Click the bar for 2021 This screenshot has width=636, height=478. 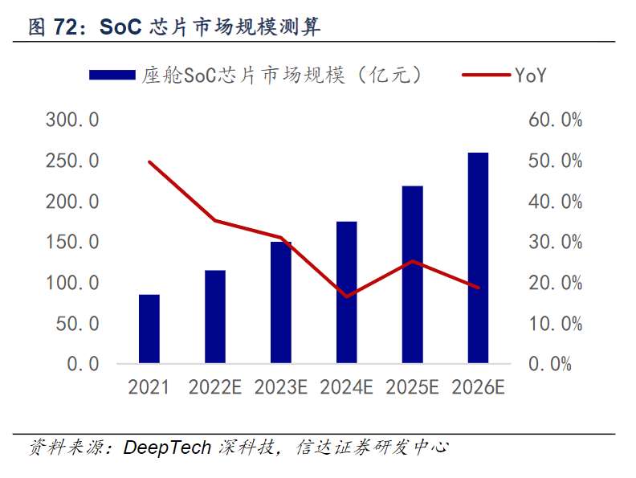[149, 329]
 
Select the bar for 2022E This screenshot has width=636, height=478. [214, 317]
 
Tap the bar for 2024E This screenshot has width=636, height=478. [346, 292]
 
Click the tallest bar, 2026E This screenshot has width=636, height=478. [478, 258]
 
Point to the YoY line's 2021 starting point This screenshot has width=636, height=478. [149, 161]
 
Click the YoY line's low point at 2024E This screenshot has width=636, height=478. [347, 296]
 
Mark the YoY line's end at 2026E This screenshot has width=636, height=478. [479, 287]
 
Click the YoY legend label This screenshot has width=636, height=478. [531, 76]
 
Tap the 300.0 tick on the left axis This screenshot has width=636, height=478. [72, 121]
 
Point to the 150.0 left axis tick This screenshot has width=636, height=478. [72, 243]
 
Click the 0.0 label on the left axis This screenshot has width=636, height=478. [84, 364]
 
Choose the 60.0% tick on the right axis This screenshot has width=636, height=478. [554, 121]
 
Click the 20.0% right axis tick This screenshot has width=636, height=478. [554, 283]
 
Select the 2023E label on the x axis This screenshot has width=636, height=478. [281, 387]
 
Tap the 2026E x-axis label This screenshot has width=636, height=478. [478, 387]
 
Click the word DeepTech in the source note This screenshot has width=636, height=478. [166, 447]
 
